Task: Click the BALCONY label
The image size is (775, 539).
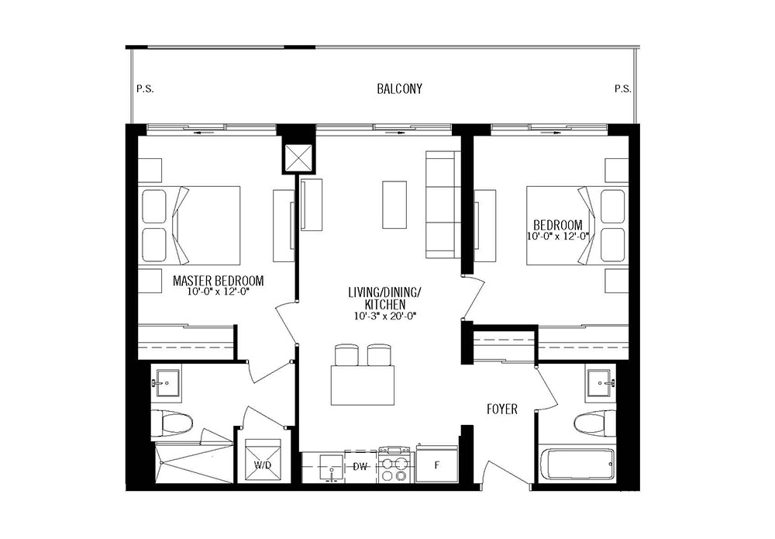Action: [x=399, y=89]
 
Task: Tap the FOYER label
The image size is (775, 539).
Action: [x=501, y=409]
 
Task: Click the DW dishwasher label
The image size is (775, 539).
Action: [x=360, y=466]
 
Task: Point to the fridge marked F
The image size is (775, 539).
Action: [x=436, y=465]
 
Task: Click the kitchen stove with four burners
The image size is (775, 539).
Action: [x=394, y=465]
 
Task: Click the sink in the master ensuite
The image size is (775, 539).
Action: [x=167, y=383]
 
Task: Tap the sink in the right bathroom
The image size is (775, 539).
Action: [x=601, y=383]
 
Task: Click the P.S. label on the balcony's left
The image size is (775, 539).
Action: [x=145, y=89]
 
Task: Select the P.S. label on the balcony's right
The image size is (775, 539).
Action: [x=623, y=89]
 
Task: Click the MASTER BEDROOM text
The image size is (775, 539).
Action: [x=218, y=281]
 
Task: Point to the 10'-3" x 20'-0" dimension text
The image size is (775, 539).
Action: [x=385, y=316]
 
